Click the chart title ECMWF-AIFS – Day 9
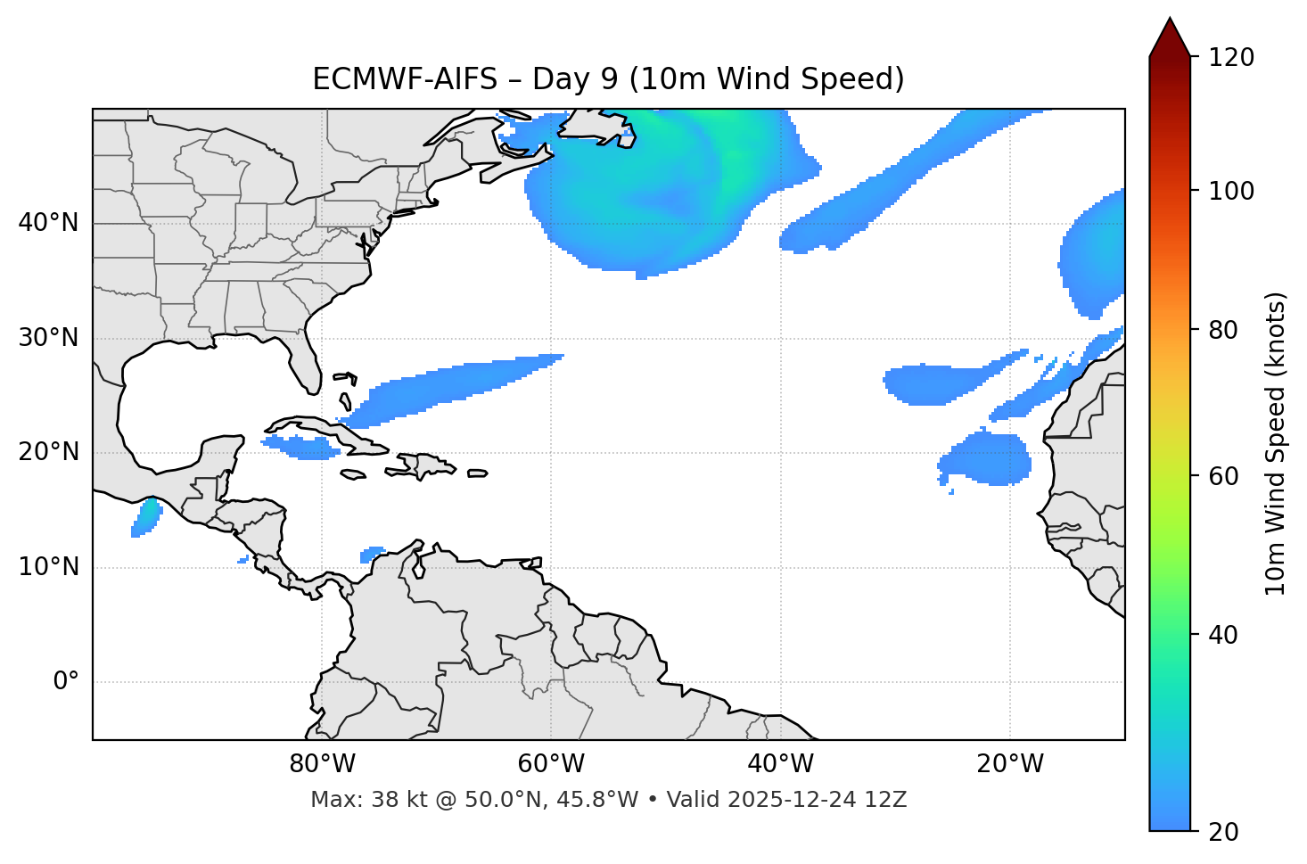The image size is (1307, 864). [x=608, y=79]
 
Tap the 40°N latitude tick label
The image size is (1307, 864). [x=48, y=223]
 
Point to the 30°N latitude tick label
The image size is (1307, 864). [x=48, y=338]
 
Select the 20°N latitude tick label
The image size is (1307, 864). [x=48, y=452]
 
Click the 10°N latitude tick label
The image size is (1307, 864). [x=48, y=567]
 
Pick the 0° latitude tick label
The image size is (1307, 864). [x=66, y=682]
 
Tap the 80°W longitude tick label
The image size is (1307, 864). [x=322, y=764]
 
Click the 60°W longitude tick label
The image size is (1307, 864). [x=551, y=764]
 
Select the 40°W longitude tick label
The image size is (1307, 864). [x=780, y=764]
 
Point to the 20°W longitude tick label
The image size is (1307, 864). [x=1010, y=764]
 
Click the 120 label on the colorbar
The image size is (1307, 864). [x=1231, y=57]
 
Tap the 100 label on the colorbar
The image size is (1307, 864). [x=1231, y=191]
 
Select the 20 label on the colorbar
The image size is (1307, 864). [x=1223, y=832]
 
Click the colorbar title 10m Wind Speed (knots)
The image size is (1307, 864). [x=1276, y=443]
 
